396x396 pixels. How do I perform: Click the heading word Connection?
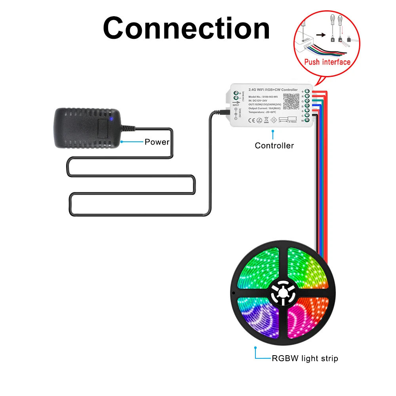click(x=186, y=29)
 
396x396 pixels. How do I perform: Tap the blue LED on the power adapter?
click(x=112, y=118)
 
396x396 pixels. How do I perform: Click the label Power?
click(x=157, y=142)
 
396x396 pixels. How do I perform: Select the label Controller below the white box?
click(x=274, y=145)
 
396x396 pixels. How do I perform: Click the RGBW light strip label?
click(x=305, y=359)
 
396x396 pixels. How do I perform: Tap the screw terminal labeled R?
click(x=307, y=96)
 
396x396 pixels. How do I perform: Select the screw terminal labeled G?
click(x=307, y=101)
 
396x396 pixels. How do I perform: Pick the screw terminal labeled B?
click(x=307, y=106)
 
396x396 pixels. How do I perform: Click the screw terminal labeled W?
click(x=307, y=120)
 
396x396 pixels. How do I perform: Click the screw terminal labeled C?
click(x=307, y=115)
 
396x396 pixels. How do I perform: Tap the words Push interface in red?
click(x=327, y=62)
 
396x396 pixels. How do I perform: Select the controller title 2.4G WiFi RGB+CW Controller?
click(x=273, y=90)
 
